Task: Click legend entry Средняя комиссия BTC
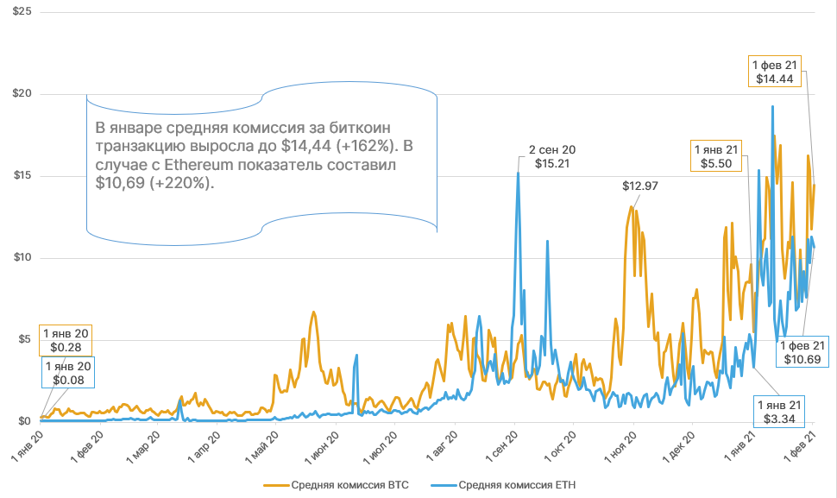tap(338, 485)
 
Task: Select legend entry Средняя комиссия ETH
tap(517, 485)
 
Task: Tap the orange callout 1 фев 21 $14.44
tap(777, 72)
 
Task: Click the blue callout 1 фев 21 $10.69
tap(803, 351)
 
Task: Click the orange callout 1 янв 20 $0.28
tap(64, 340)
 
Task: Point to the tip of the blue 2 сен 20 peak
tap(518, 173)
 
